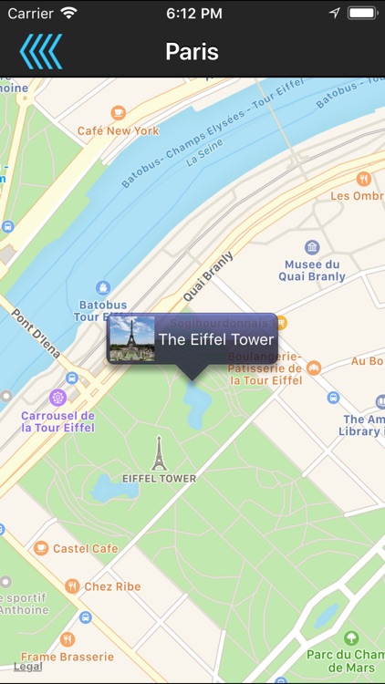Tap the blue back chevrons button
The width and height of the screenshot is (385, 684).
(41, 51)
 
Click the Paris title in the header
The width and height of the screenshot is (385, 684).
(192, 51)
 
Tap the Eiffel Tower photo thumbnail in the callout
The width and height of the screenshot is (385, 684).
(132, 339)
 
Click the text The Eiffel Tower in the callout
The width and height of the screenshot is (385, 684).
(216, 339)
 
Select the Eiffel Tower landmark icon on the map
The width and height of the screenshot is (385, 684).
(159, 453)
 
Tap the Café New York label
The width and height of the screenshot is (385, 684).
(119, 130)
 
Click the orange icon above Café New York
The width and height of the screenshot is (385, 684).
(119, 113)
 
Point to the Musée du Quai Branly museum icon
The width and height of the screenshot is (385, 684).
(312, 247)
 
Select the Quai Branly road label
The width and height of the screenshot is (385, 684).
(208, 275)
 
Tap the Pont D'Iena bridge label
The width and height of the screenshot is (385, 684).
(36, 331)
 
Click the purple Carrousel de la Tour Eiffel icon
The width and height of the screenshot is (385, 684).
(59, 398)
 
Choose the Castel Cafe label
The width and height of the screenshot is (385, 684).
(85, 548)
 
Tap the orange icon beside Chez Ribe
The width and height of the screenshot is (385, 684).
(71, 586)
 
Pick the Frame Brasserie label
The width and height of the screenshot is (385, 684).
(68, 657)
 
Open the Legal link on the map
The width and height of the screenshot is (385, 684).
(27, 667)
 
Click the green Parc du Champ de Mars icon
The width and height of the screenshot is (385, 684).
(350, 637)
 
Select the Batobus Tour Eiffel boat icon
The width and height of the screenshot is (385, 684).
(103, 288)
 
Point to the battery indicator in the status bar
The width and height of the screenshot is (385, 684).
(362, 14)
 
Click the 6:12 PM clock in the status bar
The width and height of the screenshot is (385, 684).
(193, 14)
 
